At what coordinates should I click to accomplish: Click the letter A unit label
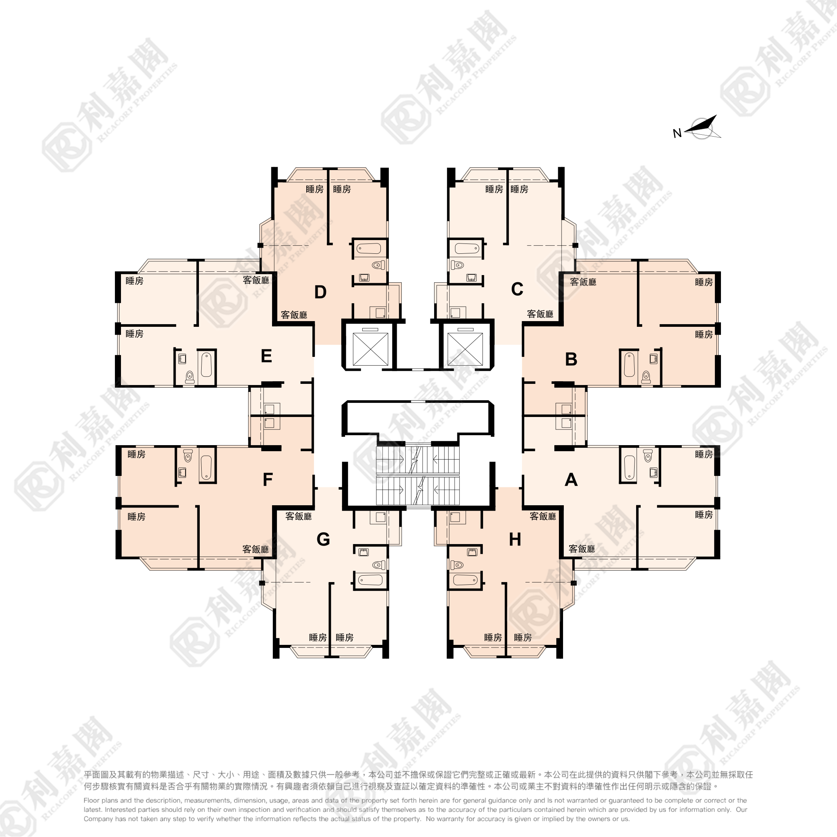tap(571, 480)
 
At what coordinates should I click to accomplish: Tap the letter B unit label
tap(571, 359)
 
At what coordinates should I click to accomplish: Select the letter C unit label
tap(517, 289)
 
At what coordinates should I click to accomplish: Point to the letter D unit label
tap(320, 292)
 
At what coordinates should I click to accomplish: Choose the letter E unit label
tap(266, 356)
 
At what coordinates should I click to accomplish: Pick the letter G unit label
tap(323, 539)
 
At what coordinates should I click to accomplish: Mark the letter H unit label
tap(515, 540)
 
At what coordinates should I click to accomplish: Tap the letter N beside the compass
tap(678, 133)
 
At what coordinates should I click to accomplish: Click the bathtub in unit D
tap(369, 248)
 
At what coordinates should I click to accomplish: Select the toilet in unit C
tap(457, 265)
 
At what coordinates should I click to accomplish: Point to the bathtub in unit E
tap(207, 364)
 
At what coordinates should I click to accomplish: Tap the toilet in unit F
tap(188, 456)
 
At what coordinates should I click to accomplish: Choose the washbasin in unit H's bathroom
tap(472, 552)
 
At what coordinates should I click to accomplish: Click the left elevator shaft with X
tap(371, 349)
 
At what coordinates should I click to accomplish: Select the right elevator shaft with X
tap(465, 349)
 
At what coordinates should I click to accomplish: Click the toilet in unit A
tap(648, 456)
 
